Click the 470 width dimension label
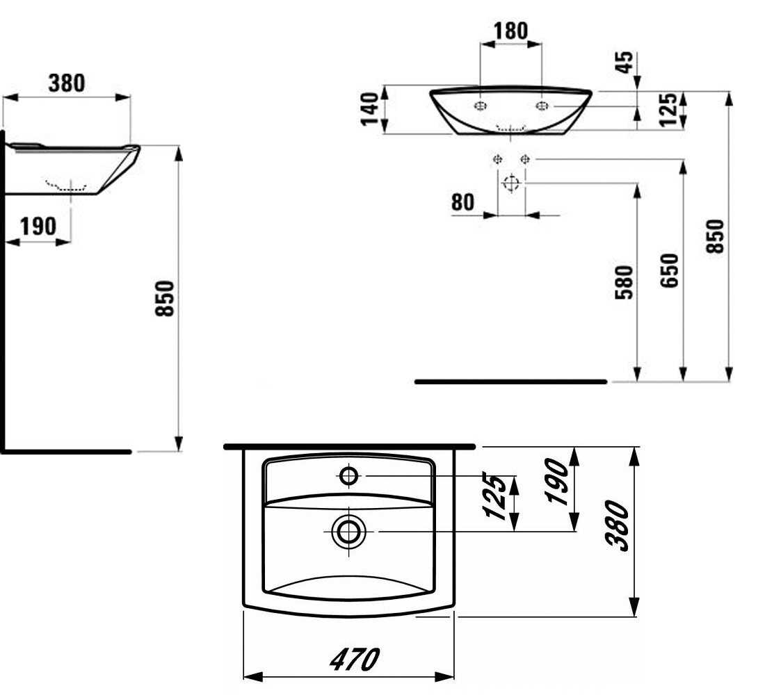click(x=354, y=660)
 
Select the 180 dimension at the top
click(x=511, y=31)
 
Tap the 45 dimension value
click(x=625, y=63)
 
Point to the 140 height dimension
click(x=370, y=108)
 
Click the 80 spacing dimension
click(x=462, y=202)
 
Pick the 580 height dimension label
click(x=625, y=282)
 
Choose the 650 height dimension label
click(x=669, y=270)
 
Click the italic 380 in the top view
click(x=617, y=525)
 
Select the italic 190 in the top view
click(x=557, y=482)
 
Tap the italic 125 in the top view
click(x=494, y=496)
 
